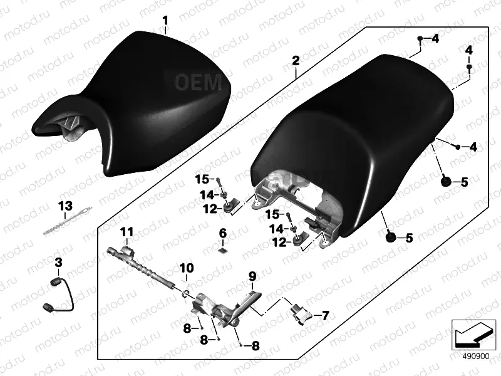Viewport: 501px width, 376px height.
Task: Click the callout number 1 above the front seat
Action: pyautogui.click(x=165, y=21)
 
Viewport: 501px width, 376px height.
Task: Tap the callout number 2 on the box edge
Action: pyautogui.click(x=296, y=60)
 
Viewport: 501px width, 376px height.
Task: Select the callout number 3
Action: pyautogui.click(x=58, y=263)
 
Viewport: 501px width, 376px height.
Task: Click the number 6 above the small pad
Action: pyautogui.click(x=223, y=233)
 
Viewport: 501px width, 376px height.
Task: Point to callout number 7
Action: pyautogui.click(x=325, y=316)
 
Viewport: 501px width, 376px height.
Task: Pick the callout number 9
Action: pyautogui.click(x=252, y=276)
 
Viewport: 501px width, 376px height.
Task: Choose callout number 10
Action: pyautogui.click(x=186, y=268)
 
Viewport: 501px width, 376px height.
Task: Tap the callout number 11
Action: pyautogui.click(x=127, y=232)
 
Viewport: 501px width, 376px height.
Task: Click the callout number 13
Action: pyautogui.click(x=65, y=206)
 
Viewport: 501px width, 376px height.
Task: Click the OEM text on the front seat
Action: pyautogui.click(x=199, y=82)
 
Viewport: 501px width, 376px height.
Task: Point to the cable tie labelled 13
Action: pyautogui.click(x=68, y=221)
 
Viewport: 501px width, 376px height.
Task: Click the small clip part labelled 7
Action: pyautogui.click(x=301, y=315)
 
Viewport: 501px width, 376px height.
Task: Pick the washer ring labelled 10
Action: pyautogui.click(x=186, y=293)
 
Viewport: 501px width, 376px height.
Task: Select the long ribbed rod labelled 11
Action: pyautogui.click(x=140, y=266)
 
